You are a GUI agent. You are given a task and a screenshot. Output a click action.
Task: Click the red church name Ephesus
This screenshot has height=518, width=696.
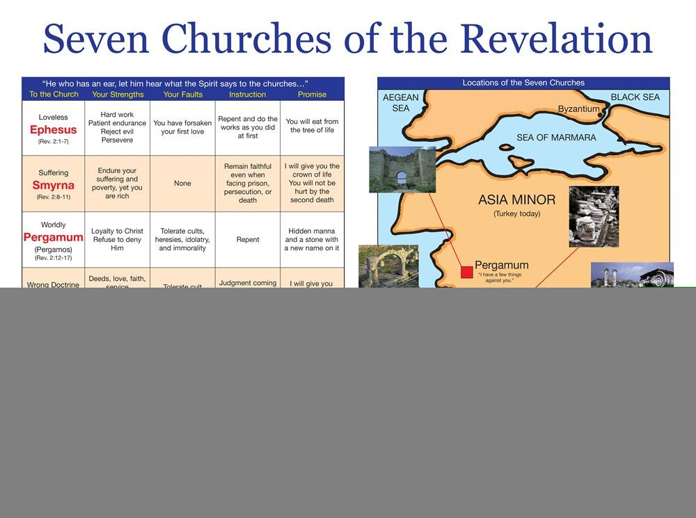[53, 130]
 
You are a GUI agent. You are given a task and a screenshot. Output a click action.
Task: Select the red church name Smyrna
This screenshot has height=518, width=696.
[53, 185]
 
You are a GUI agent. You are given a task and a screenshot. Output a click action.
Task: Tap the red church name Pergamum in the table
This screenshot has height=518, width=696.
[53, 238]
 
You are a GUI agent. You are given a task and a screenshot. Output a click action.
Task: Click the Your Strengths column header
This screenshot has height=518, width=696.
[118, 95]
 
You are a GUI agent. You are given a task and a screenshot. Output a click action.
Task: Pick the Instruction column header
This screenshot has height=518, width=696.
[247, 95]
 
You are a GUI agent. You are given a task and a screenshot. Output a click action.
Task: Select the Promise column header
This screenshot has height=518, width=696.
[312, 95]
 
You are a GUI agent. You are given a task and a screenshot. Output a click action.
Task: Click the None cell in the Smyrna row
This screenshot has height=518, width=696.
[182, 184]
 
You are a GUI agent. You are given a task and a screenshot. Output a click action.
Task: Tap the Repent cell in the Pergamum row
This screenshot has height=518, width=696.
[247, 239]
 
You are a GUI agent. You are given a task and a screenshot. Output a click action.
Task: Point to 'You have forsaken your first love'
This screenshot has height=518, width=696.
[182, 127]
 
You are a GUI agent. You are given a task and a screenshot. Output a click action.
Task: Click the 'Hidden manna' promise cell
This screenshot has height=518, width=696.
[312, 239]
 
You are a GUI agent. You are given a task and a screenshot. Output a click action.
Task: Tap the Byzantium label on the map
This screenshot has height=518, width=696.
[578, 109]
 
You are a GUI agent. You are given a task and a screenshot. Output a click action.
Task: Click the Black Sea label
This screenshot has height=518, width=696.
[635, 97]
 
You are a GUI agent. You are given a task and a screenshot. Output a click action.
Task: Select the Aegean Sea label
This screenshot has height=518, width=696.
[401, 103]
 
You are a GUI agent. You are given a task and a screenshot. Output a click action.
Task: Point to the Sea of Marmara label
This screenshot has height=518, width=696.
[556, 138]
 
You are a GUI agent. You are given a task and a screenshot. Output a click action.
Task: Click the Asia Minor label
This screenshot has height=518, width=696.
[516, 200]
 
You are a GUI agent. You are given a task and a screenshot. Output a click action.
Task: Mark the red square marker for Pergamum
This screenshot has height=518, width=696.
[466, 271]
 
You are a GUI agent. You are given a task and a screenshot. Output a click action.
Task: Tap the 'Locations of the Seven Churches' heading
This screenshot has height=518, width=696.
[523, 83]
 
